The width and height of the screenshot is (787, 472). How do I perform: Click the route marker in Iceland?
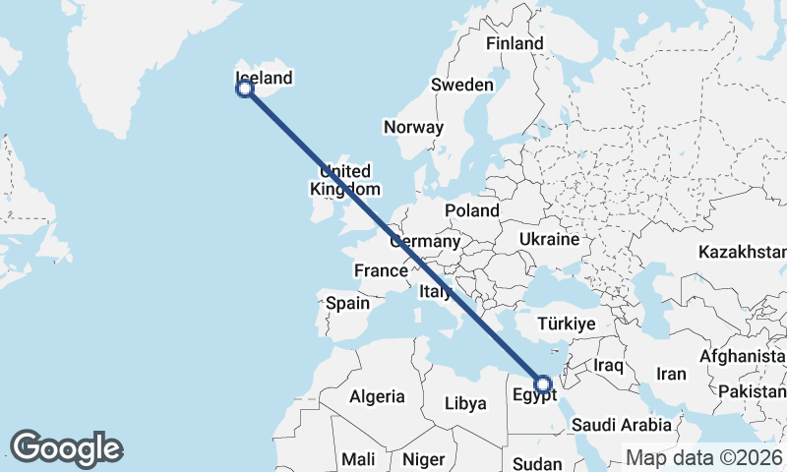[x=245, y=88]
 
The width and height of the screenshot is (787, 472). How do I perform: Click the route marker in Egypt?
[x=542, y=383]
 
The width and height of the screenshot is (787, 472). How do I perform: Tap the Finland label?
[x=515, y=44]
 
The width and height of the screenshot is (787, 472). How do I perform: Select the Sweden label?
[x=461, y=86]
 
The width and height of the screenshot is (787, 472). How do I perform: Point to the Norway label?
[x=413, y=128]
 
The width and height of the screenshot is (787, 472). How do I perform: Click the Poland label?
[x=471, y=210]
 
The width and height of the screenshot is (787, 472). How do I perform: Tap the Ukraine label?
[x=548, y=239]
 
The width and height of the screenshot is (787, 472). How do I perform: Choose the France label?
[x=381, y=270]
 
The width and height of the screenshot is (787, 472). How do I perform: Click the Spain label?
[x=347, y=303]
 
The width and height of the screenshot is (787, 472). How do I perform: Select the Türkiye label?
[x=567, y=324]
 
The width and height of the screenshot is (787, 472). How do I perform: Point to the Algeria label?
[x=377, y=396]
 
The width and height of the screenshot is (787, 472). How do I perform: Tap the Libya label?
[x=465, y=403]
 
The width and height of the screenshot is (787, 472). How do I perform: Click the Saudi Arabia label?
[x=622, y=425]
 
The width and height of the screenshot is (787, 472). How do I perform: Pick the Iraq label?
[x=609, y=365]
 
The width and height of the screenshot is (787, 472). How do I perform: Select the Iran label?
[x=671, y=374]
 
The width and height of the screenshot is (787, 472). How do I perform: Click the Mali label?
[x=358, y=459]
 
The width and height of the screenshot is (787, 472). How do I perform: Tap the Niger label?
[x=424, y=459]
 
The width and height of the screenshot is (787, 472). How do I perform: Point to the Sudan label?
[x=537, y=463]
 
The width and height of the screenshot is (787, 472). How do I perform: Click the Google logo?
[x=67, y=448]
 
